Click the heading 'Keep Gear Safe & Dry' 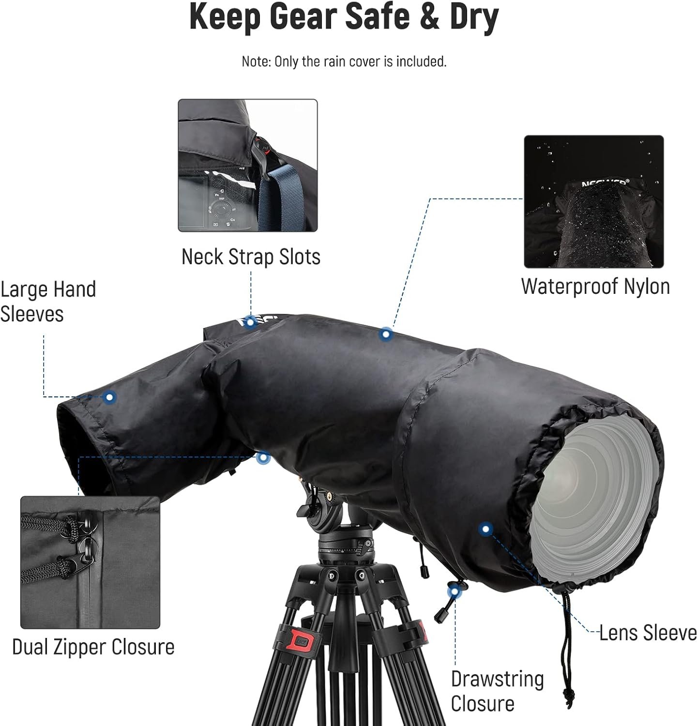[x=344, y=17]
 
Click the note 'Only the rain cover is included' [x=360, y=61]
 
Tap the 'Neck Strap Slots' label [x=251, y=257]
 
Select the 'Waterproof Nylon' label [x=595, y=287]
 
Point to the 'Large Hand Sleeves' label [x=48, y=301]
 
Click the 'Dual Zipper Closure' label [x=93, y=647]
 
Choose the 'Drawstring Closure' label [x=497, y=691]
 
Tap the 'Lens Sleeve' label [x=648, y=633]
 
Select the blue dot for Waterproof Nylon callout [x=386, y=334]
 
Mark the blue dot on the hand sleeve [x=110, y=397]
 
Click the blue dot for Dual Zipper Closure [x=263, y=457]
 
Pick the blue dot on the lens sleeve [x=486, y=529]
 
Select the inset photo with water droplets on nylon [x=594, y=202]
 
